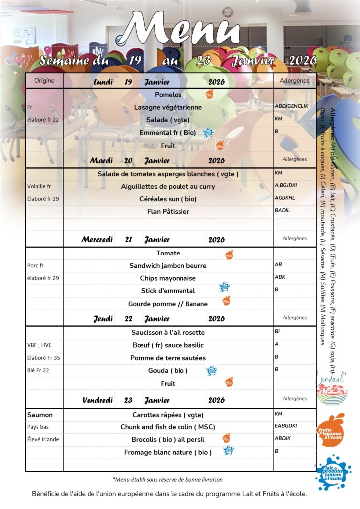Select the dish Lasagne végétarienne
168,107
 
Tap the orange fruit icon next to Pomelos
210,94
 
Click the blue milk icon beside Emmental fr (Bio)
208,133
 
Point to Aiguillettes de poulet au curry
168,186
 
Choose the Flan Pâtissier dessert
168,211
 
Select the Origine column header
44,80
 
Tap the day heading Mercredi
97,240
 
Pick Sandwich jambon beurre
168,266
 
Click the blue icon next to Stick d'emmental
224,287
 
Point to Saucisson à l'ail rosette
168,332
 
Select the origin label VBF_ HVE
39,345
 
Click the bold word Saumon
40,415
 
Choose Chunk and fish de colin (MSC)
168,427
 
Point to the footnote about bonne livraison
168,480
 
